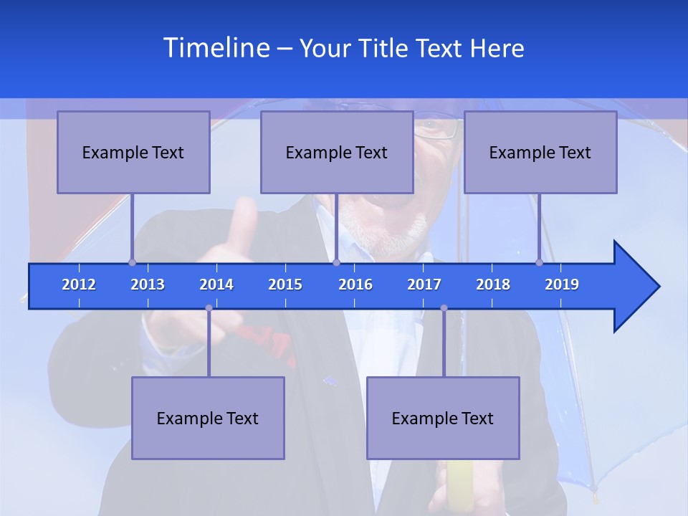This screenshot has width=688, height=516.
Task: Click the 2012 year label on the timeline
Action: [79, 285]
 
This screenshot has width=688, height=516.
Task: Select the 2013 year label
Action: [148, 285]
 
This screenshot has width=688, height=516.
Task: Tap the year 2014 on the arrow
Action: [216, 285]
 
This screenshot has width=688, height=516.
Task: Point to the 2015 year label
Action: [285, 285]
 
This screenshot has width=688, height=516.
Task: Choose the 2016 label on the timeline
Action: [355, 285]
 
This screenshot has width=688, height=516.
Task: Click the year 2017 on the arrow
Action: [424, 285]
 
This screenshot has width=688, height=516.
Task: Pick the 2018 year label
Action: [493, 285]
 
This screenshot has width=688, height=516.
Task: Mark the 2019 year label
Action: [562, 285]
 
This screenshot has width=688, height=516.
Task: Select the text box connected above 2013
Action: [133, 152]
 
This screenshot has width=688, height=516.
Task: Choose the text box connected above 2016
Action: [337, 152]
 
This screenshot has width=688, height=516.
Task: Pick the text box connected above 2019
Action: [540, 152]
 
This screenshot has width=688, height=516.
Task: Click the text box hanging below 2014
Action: [208, 418]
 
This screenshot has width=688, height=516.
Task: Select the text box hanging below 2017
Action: [443, 418]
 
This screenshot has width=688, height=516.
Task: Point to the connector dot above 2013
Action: [132, 262]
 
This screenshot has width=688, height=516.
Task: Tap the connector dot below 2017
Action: [444, 308]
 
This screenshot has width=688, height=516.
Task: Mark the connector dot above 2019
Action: [539, 262]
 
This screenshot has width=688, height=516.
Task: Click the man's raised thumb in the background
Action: [244, 215]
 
